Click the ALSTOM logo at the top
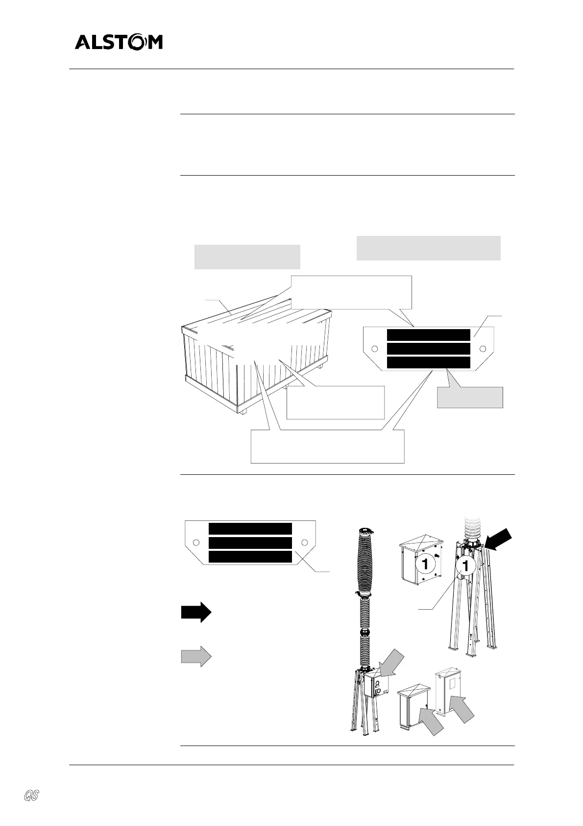tap(119, 43)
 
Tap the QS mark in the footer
tap(32, 795)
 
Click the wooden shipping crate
tap(255, 358)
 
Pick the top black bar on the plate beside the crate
tap(428, 335)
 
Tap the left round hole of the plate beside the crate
tap(375, 349)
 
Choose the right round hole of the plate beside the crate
tap(483, 349)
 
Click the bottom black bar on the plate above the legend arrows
tap(250, 557)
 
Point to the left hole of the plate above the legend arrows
tap(196, 542)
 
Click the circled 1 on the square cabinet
tap(425, 564)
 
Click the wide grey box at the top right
tap(428, 248)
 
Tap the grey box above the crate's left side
tap(247, 257)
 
